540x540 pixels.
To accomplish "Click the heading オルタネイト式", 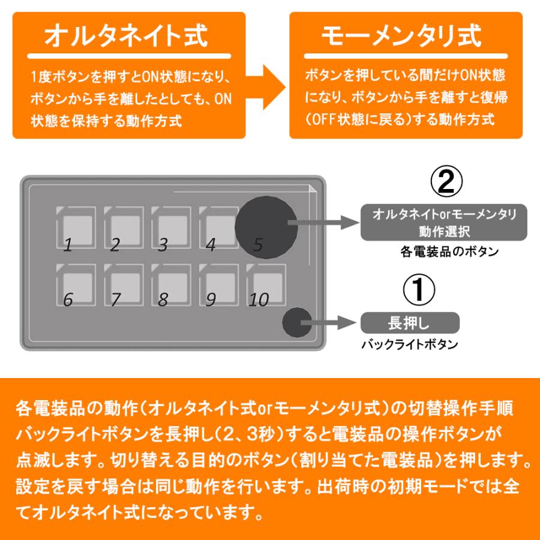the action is click(x=126, y=35).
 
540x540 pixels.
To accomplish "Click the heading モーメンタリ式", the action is click(x=401, y=35).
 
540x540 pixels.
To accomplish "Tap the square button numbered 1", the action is click(x=76, y=227).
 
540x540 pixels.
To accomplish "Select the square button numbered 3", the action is click(x=171, y=227).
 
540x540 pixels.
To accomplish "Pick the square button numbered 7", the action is click(x=124, y=285).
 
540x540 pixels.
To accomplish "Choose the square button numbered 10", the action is click(x=266, y=285).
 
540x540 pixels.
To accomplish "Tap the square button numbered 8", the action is click(x=171, y=285).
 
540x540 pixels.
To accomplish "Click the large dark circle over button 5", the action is click(x=266, y=227).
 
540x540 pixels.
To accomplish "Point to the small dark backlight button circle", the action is click(x=297, y=323).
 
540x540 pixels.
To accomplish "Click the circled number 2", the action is click(x=446, y=181).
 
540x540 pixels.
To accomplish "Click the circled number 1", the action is click(x=419, y=290).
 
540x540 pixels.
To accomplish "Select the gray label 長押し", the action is click(x=410, y=323).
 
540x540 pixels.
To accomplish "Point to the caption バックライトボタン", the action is click(x=409, y=344).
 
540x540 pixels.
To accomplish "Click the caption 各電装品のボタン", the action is click(x=449, y=251).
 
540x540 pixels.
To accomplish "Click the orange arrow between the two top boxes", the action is click(x=266, y=87).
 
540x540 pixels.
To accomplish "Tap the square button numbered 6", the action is click(x=76, y=285).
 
